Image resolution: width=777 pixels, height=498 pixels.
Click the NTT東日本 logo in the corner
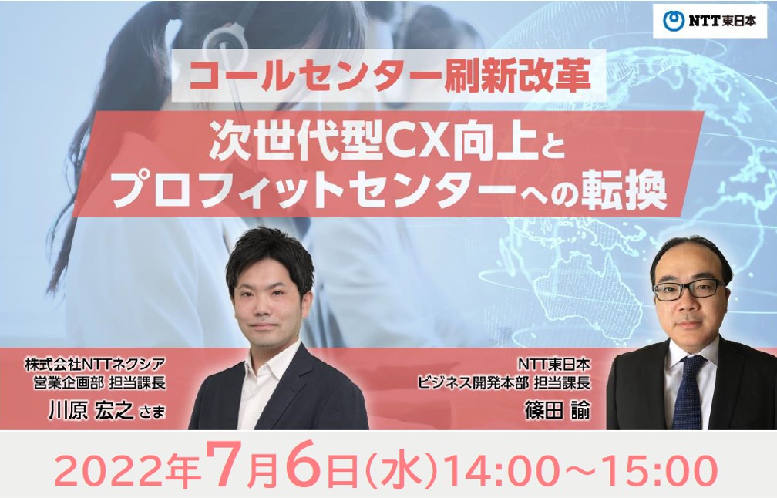coord(710,21)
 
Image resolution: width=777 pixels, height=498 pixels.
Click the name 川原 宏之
coord(91,411)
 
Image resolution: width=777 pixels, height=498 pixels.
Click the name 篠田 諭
coord(558,411)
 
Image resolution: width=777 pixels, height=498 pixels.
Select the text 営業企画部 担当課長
coord(99,382)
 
